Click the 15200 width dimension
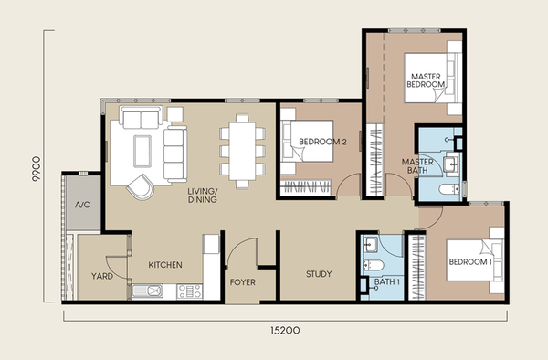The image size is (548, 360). click(x=285, y=330)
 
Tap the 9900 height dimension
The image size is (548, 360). click(x=36, y=169)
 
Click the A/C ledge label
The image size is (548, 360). click(x=82, y=205)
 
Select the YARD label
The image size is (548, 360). click(x=102, y=276)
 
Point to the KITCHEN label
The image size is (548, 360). click(x=165, y=265)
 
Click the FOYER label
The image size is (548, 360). click(x=243, y=282)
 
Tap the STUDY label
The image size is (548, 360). click(x=319, y=274)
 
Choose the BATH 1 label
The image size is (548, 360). click(x=387, y=281)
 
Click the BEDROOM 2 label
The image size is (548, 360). click(x=322, y=142)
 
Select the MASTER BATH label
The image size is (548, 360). click(x=417, y=166)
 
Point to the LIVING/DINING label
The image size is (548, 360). click(x=203, y=196)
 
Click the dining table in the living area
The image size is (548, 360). click(x=242, y=151)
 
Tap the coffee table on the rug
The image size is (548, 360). click(x=142, y=152)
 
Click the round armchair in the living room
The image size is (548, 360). click(x=141, y=187)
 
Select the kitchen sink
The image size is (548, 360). click(x=147, y=291)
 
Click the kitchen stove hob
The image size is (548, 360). click(x=189, y=291)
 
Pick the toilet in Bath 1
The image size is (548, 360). click(x=373, y=266)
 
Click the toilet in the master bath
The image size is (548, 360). click(x=449, y=189)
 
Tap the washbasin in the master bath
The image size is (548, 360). click(x=451, y=164)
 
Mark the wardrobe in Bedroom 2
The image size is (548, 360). click(x=306, y=187)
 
